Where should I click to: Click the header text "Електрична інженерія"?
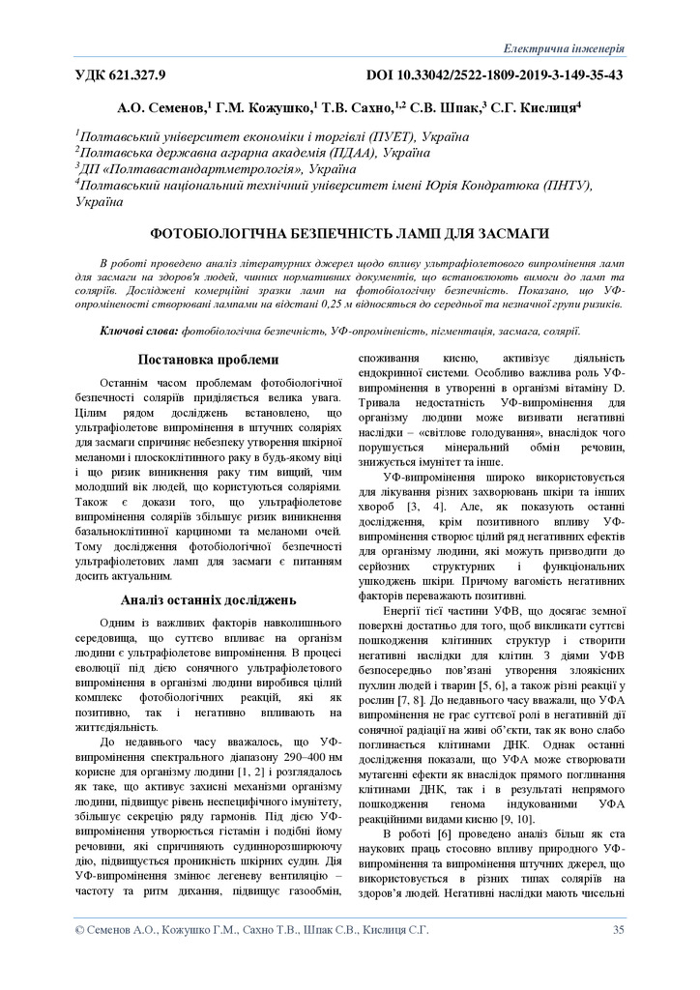point(566,48)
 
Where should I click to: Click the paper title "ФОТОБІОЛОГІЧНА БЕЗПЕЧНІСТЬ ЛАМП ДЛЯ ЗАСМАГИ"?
point(349,233)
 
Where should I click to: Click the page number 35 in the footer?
point(618,930)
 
